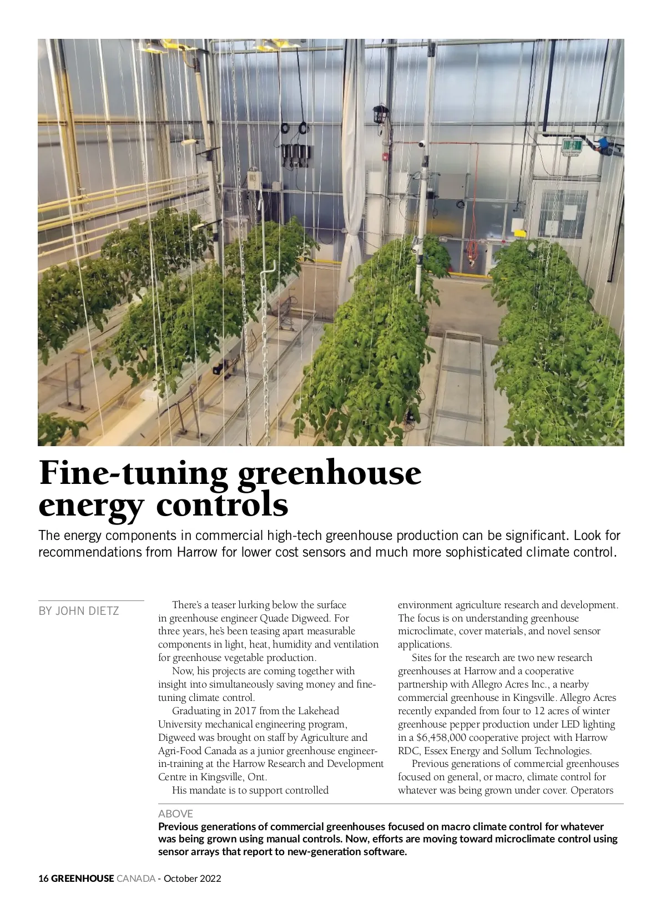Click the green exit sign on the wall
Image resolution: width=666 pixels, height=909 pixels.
point(572,146)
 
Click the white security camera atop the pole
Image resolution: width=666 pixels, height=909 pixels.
point(421,144)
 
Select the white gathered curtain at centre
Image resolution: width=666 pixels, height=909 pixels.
point(351,211)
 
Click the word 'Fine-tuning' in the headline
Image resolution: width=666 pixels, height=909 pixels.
point(133,472)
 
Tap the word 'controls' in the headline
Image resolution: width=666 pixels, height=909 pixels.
point(223,505)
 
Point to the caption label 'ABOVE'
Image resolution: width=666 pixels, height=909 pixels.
point(175,814)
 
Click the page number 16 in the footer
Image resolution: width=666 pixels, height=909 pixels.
point(43,878)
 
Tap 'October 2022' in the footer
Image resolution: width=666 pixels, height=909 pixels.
point(192,878)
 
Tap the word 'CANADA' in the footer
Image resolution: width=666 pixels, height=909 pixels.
point(135,878)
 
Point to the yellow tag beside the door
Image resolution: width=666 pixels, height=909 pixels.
point(517,224)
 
